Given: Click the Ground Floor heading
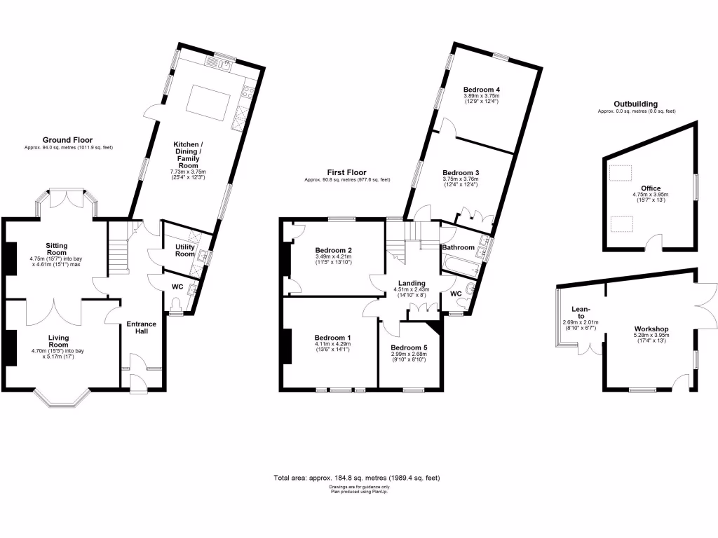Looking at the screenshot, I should pos(67,140).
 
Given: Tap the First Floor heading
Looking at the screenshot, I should pos(346,172).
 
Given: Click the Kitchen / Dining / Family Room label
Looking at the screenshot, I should pos(188,155).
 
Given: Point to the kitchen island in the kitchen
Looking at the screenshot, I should pos(208,99).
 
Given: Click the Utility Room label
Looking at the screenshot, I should pos(184,249).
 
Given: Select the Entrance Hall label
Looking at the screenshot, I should pos(140,328).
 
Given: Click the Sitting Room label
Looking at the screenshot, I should pos(57,249).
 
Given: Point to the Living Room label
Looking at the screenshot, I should pos(58,340).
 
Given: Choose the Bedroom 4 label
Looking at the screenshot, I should pos(482,90).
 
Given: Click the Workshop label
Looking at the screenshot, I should pos(651,329).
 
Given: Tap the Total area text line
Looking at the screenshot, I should pos(357,478).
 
